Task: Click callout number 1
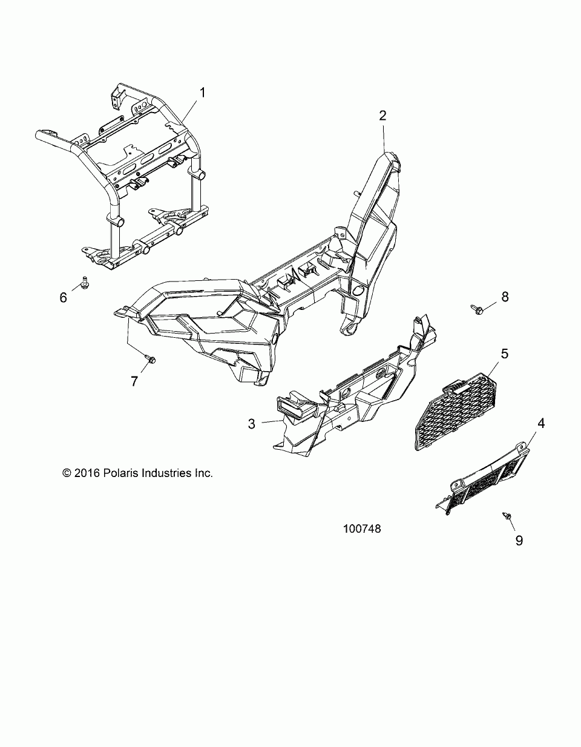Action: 203,93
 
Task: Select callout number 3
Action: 252,423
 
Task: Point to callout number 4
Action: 541,423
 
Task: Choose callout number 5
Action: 504,352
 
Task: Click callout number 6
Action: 63,298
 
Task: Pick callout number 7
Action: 134,381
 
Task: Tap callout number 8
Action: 504,297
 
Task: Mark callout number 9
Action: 519,540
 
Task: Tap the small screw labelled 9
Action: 507,515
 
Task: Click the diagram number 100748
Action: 361,528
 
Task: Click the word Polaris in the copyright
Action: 121,473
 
